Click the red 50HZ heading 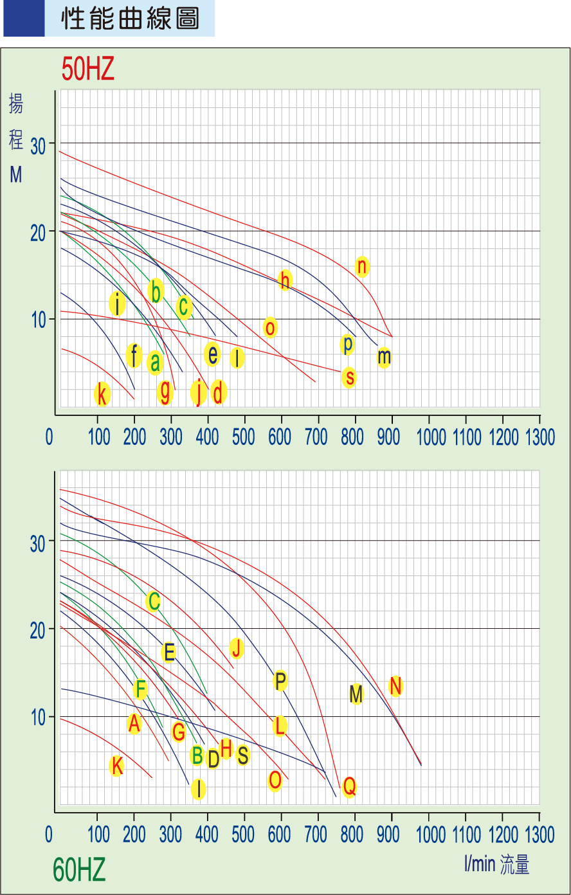coord(88,69)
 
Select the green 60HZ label coord(79,871)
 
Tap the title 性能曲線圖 coord(129,19)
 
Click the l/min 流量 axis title coord(496,864)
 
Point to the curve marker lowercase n coord(362,266)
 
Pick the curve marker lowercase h coord(285,280)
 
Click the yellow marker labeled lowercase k coord(102,393)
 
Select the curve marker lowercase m coord(383,357)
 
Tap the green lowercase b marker coord(156,291)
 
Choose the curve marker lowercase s coord(349,377)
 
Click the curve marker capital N coord(395,686)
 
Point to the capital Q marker coord(349,786)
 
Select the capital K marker coord(116,766)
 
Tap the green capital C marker coord(153,602)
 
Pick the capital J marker coord(237,648)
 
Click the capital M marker coord(356,694)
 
